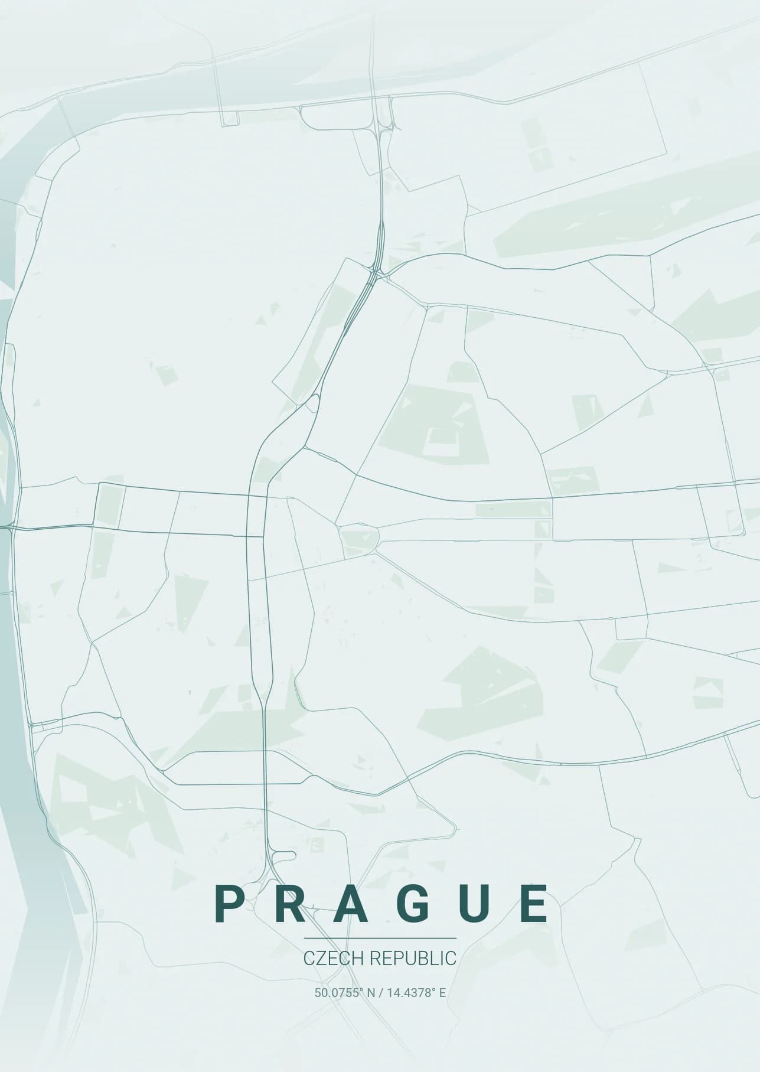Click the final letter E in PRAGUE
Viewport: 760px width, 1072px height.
[537, 904]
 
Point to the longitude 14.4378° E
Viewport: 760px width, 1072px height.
[416, 992]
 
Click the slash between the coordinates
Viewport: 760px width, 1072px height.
[381, 992]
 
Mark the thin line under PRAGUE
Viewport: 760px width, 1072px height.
[380, 938]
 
